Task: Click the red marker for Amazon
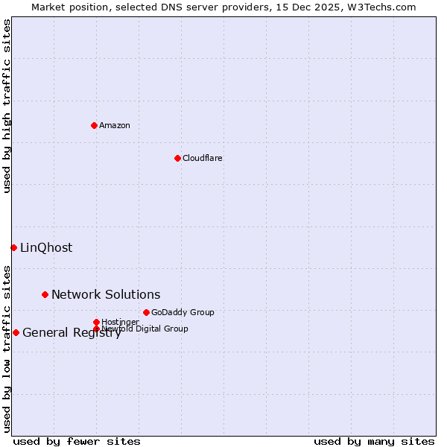coord(94,125)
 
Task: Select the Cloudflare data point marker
coord(177,158)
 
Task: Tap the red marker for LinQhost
coord(13,247)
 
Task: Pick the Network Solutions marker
coord(45,294)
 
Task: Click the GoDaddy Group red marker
coord(146,312)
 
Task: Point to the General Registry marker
coord(16,332)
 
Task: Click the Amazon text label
coord(115,125)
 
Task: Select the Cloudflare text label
coord(202,158)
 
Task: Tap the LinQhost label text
coord(46,247)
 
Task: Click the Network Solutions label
coord(106,294)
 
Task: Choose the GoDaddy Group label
coord(183,312)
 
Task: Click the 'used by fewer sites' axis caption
coord(77,441)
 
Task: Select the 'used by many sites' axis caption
coord(374,441)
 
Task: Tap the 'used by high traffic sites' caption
coord(7,106)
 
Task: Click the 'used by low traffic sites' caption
coord(7,348)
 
